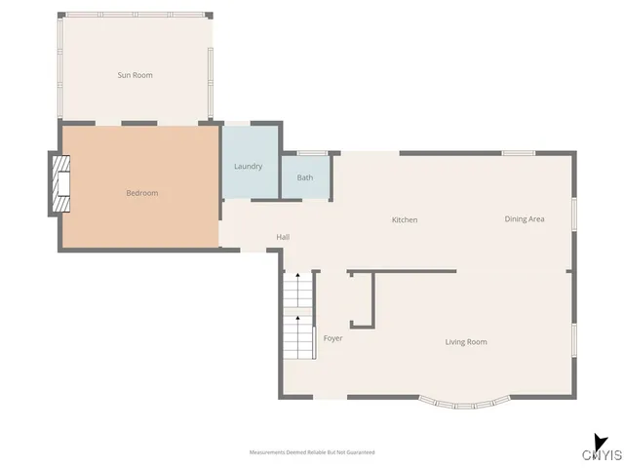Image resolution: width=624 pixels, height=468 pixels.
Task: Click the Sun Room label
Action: pyautogui.click(x=135, y=75)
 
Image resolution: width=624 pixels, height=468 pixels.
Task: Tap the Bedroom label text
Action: pyautogui.click(x=141, y=193)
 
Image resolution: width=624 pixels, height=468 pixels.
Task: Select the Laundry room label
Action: pyautogui.click(x=248, y=166)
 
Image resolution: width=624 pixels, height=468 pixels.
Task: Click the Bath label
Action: pyautogui.click(x=305, y=177)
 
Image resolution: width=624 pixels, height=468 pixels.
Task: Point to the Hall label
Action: pyautogui.click(x=283, y=237)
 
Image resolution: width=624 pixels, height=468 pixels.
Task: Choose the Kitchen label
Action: pyautogui.click(x=405, y=219)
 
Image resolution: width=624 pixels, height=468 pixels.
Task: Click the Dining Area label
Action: pyautogui.click(x=524, y=218)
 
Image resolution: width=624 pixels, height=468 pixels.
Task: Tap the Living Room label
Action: pyautogui.click(x=466, y=341)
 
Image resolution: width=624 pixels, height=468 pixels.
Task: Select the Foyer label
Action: pyautogui.click(x=332, y=337)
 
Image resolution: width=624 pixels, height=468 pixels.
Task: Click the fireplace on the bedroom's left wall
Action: pyautogui.click(x=61, y=184)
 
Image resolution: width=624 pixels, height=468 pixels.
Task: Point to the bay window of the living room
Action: pyautogui.click(x=463, y=399)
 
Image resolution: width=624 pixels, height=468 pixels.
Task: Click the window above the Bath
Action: pyautogui.click(x=312, y=153)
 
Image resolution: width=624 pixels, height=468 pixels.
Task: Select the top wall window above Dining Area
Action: pyautogui.click(x=518, y=153)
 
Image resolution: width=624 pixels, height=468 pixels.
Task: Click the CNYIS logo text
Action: pyautogui.click(x=602, y=455)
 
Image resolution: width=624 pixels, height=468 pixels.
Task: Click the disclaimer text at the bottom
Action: pyautogui.click(x=312, y=452)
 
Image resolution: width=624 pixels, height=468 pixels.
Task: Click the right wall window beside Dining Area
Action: pyautogui.click(x=574, y=214)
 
